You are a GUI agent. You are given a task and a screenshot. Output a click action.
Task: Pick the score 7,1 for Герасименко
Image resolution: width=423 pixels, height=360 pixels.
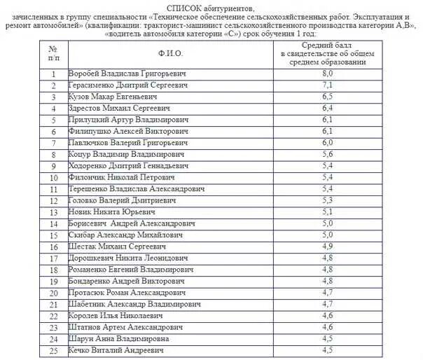coord(326,85)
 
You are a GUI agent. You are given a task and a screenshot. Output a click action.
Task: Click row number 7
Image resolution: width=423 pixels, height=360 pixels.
coord(53,143)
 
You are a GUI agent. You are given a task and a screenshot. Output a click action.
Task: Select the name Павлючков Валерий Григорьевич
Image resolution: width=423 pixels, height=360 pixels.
coord(127,143)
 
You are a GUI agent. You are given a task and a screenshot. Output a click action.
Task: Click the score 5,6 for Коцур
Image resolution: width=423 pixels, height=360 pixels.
coord(326,154)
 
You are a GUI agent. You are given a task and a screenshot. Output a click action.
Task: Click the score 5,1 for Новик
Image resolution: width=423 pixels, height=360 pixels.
coord(326,212)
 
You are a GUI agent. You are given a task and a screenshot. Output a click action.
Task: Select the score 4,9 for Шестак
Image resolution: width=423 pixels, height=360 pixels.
coord(326,246)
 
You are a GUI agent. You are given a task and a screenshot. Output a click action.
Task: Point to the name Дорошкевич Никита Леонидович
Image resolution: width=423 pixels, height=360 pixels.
coord(129,258)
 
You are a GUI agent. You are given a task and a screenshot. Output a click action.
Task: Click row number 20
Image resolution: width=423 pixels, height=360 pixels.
coord(53,292)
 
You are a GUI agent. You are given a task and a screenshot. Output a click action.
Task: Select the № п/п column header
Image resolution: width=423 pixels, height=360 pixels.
coord(53,53)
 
